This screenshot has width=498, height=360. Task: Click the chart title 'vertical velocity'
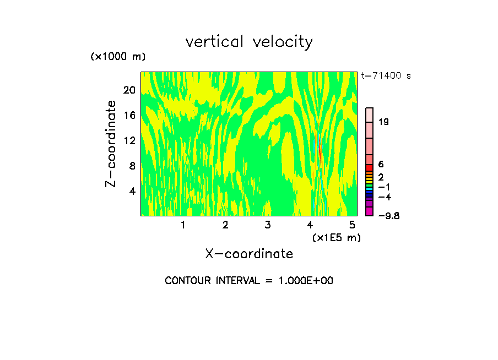coord(249,42)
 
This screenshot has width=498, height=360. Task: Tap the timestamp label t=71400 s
coord(386,76)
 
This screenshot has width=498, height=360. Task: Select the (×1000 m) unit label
coord(118,57)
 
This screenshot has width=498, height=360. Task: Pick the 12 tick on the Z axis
coord(129,140)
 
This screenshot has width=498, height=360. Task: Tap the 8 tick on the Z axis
coord(132,166)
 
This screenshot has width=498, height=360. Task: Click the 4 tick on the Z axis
coord(132,191)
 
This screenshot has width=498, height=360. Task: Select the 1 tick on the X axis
coord(183,225)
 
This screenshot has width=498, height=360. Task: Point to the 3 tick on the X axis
coord(268,225)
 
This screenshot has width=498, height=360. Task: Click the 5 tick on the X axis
coord(352,225)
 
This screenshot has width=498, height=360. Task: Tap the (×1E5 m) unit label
coord(337,237)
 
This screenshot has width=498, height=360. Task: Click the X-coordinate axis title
coord(249,254)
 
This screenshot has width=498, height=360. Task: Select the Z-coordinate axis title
coord(111,144)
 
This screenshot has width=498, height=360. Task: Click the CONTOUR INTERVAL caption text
coord(249,281)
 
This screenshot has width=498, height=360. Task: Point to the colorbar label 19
coord(384,122)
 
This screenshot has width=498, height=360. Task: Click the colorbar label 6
coord(381,165)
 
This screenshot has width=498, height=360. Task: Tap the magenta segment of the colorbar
coord(370,212)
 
